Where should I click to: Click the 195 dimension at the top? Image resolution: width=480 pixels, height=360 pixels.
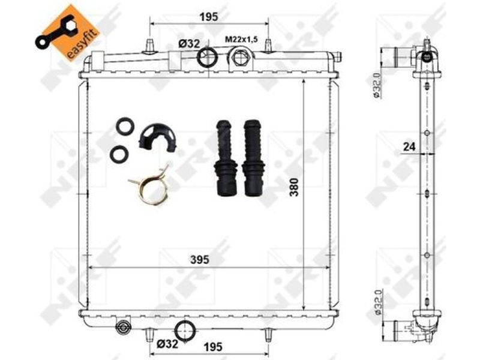[209, 17]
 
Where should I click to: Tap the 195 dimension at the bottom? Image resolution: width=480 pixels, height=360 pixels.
[213, 347]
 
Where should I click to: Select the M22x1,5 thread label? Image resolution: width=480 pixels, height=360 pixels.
[242, 40]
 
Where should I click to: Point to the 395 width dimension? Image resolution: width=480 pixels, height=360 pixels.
[200, 260]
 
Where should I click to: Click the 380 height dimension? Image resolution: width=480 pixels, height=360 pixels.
[294, 187]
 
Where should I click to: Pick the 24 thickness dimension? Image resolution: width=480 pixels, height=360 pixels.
[409, 147]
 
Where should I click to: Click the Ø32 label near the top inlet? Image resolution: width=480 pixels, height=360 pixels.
[189, 44]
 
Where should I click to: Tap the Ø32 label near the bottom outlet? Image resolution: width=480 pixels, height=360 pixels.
[167, 344]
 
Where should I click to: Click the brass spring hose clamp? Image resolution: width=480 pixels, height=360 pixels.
[150, 186]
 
